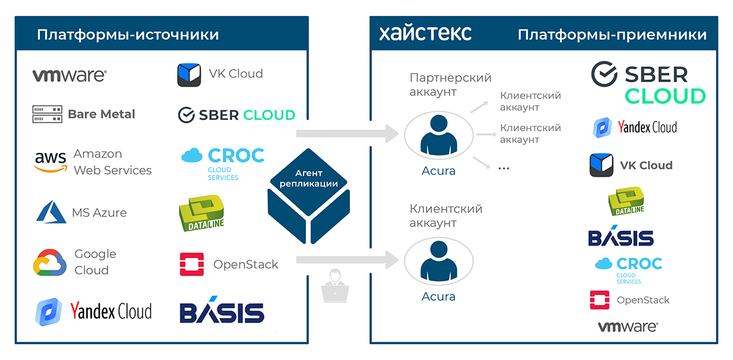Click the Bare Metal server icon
tap(47, 114)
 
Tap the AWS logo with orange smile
tap(51, 162)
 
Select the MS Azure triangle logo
tap(51, 211)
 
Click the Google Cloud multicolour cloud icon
tap(49, 262)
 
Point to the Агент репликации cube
tap(308, 196)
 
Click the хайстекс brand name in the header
tap(425, 34)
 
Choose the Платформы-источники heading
tap(128, 35)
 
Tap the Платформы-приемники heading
tap(612, 35)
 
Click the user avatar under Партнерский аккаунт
tap(439, 135)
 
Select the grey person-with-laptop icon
tap(335, 286)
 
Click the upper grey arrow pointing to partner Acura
tap(347, 133)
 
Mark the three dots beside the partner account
tap(504, 168)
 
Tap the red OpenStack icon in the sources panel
tap(192, 264)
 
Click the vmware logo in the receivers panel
tap(628, 326)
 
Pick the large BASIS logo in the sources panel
tap(222, 309)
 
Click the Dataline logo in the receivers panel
tap(626, 201)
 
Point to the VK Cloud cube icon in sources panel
tap(189, 75)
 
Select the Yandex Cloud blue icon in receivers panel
tap(602, 127)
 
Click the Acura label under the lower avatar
tap(439, 296)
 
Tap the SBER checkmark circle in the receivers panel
tap(604, 74)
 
